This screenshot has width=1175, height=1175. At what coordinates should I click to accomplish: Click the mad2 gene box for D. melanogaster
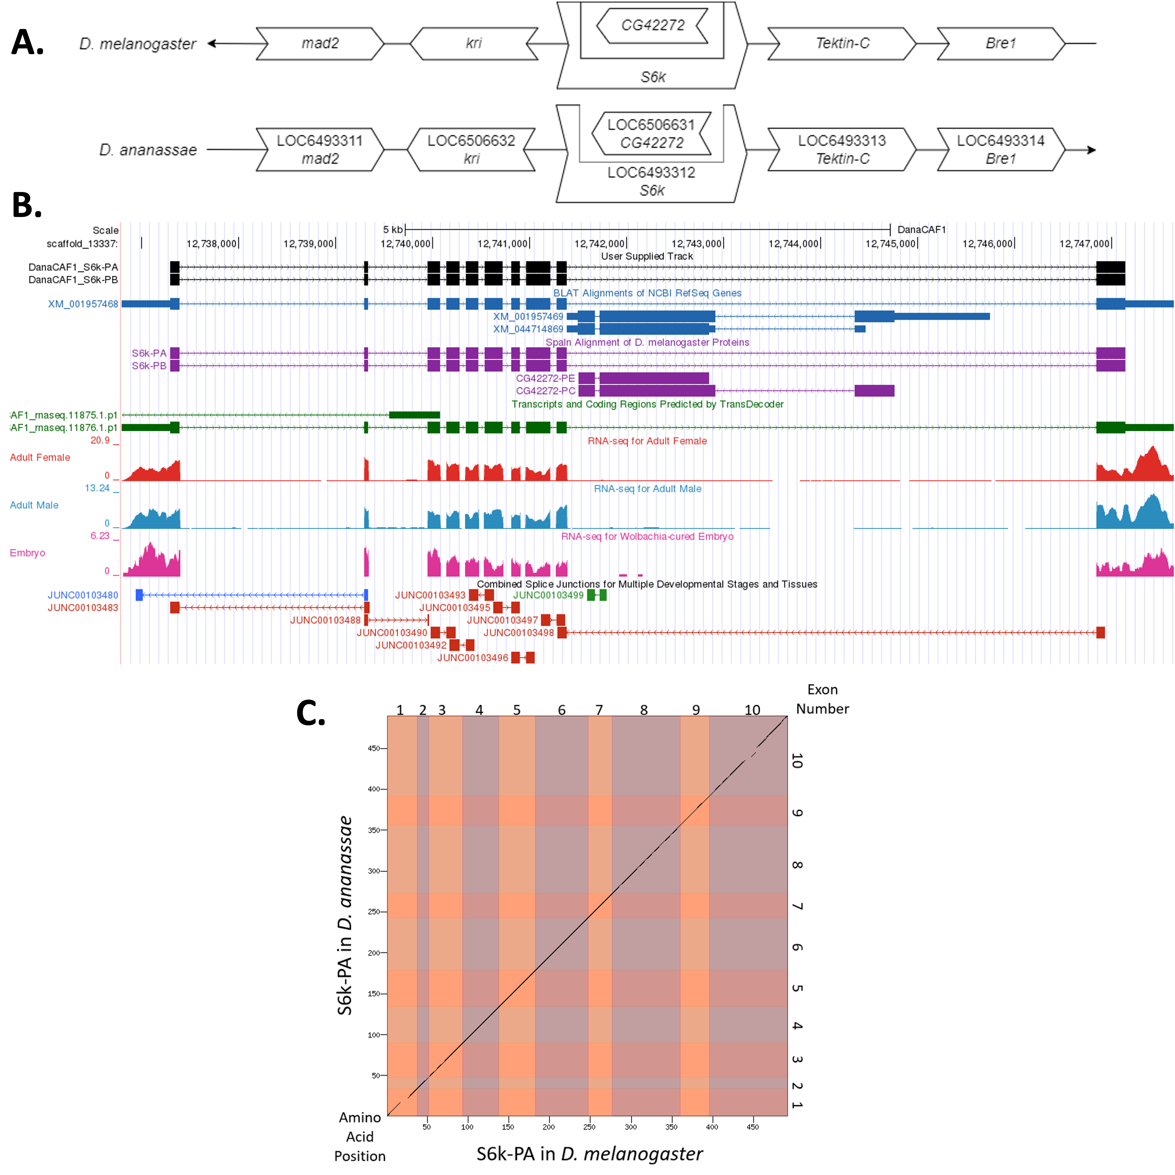click(x=320, y=43)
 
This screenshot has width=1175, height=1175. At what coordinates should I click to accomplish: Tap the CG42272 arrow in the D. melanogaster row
click(x=653, y=25)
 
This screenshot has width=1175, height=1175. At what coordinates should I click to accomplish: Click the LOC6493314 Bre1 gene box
click(x=1000, y=150)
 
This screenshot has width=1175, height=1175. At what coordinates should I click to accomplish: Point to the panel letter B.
click(x=27, y=206)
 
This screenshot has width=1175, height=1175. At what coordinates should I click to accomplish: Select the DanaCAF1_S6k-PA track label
click(x=73, y=267)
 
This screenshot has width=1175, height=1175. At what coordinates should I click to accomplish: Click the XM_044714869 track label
click(x=528, y=329)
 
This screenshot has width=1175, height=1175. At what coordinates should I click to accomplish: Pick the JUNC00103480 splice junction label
click(x=83, y=595)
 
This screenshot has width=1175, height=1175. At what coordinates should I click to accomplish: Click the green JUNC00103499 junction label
click(x=548, y=595)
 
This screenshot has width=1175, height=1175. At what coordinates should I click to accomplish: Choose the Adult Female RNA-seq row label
click(x=40, y=457)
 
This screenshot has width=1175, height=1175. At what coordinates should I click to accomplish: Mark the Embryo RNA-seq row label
click(x=27, y=553)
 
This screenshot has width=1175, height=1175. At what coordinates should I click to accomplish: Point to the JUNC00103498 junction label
click(x=518, y=633)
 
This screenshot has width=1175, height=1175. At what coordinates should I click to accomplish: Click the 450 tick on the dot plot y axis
click(x=373, y=748)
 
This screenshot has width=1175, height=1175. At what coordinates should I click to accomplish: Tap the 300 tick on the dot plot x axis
click(x=631, y=1126)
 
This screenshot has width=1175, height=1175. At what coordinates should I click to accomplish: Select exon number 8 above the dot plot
click(x=644, y=710)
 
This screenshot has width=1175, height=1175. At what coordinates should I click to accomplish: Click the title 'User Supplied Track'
click(x=647, y=256)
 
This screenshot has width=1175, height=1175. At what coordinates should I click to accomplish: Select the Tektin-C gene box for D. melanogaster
click(x=842, y=43)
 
